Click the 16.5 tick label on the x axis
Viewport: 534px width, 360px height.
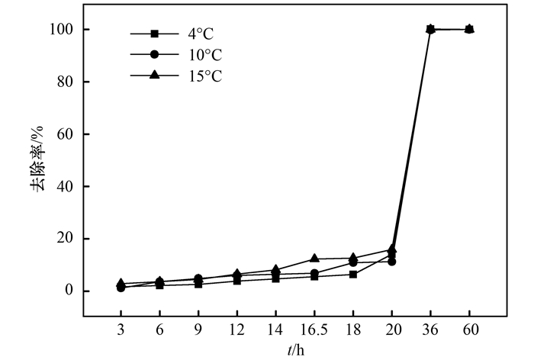tap(314, 331)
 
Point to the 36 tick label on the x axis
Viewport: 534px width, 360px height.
tap(430, 331)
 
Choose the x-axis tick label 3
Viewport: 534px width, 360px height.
tap(121, 331)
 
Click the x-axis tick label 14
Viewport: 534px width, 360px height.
tap(275, 331)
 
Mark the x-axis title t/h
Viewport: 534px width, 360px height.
tap(295, 350)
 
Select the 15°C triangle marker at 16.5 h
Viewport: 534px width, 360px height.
tap(314, 259)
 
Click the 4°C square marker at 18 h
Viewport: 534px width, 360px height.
tap(353, 274)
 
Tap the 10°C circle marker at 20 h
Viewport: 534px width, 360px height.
tap(391, 262)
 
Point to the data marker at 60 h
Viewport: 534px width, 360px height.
tap(469, 29)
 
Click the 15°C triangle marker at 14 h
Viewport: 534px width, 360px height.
tap(275, 270)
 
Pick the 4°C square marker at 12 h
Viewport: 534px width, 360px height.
tap(236, 281)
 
